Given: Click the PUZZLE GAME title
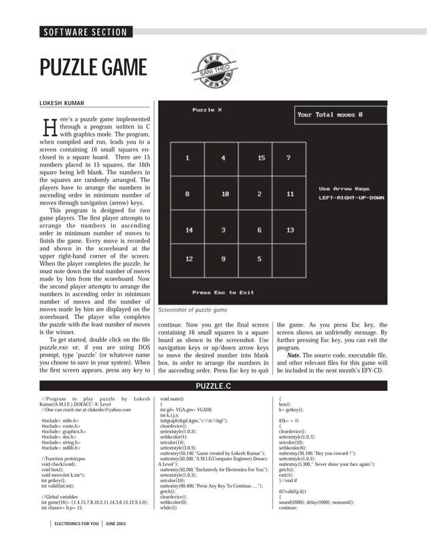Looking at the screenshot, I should (92, 68).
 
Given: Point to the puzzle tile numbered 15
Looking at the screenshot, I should (260, 158).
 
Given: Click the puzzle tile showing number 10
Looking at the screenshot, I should (225, 194).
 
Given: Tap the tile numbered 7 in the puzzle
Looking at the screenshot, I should (288, 158).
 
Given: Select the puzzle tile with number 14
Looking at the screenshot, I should (189, 230).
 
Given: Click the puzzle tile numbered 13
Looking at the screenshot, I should (290, 230).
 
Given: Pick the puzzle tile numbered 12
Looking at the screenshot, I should (189, 258).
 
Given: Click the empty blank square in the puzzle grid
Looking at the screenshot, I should (290, 258).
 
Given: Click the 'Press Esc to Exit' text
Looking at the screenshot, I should (223, 293).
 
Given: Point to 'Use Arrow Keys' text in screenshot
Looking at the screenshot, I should (343, 189).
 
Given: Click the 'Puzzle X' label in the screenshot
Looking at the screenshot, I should (207, 109).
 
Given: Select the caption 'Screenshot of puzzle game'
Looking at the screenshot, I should (192, 311).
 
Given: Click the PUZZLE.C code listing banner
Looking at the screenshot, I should (213, 386).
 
